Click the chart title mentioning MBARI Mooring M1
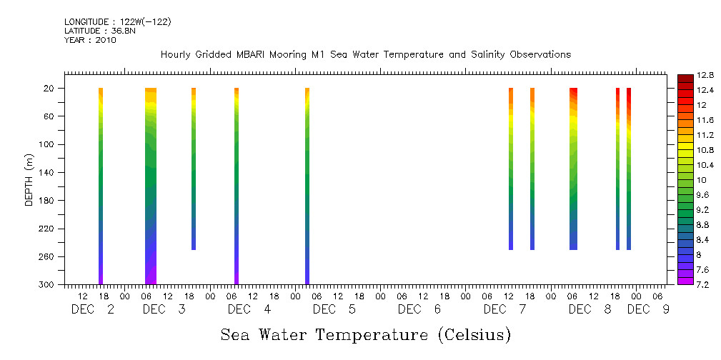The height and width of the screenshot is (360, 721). [x=365, y=55]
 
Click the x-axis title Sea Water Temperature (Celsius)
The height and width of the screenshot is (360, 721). [x=365, y=334]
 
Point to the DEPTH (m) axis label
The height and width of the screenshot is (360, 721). [x=29, y=179]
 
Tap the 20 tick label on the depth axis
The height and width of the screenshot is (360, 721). [x=51, y=89]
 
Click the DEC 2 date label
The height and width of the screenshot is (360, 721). [x=93, y=309]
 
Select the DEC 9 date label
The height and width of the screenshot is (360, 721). [x=643, y=309]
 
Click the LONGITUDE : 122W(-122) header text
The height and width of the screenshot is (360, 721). [x=117, y=22]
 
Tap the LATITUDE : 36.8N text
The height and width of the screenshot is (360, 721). [x=99, y=31]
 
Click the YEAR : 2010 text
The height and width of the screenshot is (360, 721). [x=90, y=40]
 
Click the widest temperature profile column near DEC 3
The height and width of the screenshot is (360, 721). [x=151, y=186]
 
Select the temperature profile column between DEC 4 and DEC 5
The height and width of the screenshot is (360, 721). [x=307, y=186]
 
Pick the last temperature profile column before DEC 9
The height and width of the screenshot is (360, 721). [x=629, y=169]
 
